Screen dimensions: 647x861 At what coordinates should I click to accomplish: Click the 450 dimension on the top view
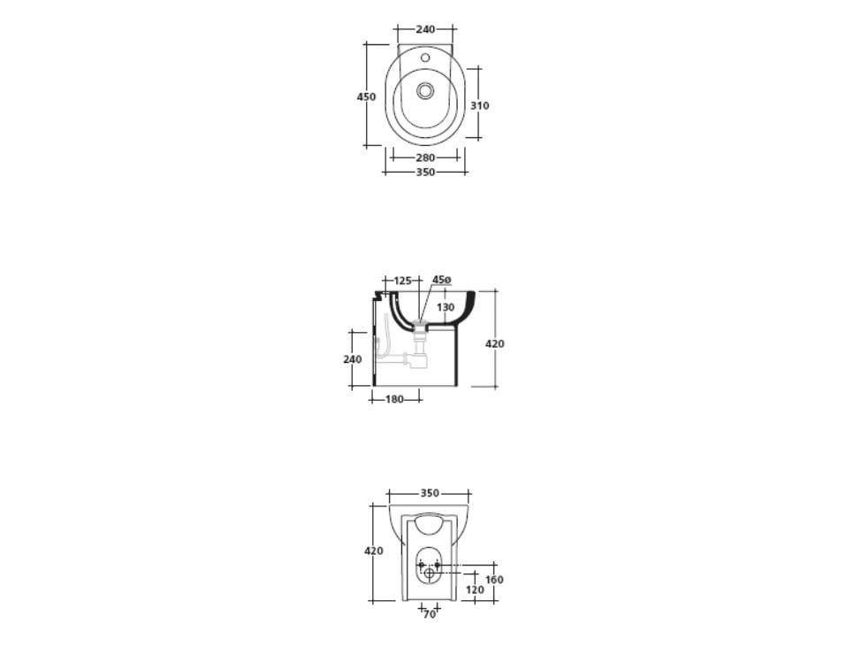pos(366,96)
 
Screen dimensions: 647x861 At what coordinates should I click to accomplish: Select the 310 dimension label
pos(479,105)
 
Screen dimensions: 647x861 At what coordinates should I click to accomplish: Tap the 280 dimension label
pos(425,158)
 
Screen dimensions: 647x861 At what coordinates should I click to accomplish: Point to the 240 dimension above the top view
pos(425,29)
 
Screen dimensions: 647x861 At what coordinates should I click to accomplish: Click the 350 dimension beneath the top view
pos(425,172)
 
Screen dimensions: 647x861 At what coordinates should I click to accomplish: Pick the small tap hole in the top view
pos(425,58)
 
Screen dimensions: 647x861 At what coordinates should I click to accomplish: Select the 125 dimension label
pos(402,281)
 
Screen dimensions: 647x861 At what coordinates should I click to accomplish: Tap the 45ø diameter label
pos(441,280)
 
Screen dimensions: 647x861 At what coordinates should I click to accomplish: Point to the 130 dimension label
pos(446,307)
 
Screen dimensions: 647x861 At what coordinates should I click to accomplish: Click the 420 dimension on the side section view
pos(495,343)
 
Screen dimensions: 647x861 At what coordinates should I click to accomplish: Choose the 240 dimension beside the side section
pos(352,359)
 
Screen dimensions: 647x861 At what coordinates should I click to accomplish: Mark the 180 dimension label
pos(394,399)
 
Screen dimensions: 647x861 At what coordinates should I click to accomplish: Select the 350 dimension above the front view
pos(430,493)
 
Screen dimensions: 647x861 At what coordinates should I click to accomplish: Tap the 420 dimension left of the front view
pos(374,551)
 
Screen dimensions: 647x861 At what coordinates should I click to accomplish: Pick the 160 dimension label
pos(494,580)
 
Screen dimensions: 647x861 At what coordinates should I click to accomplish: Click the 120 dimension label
pos(475,589)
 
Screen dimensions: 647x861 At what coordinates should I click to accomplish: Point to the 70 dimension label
pos(429,613)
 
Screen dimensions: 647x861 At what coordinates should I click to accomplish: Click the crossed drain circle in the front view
pos(430,574)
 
